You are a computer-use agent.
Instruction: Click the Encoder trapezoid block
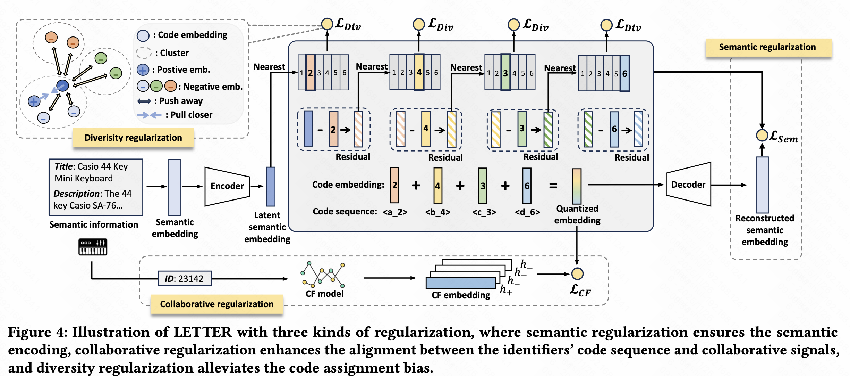point(227,186)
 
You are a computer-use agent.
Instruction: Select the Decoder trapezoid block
point(688,185)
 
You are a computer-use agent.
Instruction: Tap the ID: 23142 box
point(185,279)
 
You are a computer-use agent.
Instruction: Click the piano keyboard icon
point(93,247)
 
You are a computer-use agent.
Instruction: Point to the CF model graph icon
point(323,274)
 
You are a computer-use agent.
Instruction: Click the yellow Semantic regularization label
point(768,47)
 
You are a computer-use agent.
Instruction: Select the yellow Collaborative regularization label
point(217,304)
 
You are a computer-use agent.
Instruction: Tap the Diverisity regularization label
point(133,138)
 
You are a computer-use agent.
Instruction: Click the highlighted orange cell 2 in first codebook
point(310,73)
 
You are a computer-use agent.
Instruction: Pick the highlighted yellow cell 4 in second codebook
point(419,72)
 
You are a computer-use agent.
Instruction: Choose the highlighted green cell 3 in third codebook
point(505,73)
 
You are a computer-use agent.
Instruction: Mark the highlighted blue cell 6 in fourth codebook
point(624,74)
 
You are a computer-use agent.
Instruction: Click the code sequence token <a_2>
point(395,212)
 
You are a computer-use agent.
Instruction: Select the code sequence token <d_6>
point(527,212)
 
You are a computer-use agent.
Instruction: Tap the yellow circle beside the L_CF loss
point(577,274)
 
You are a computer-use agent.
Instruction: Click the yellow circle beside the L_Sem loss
point(762,136)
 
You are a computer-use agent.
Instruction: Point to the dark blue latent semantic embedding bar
point(271,187)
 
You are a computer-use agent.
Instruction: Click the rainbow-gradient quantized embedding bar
point(577,187)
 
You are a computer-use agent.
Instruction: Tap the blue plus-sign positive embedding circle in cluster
point(34,101)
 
